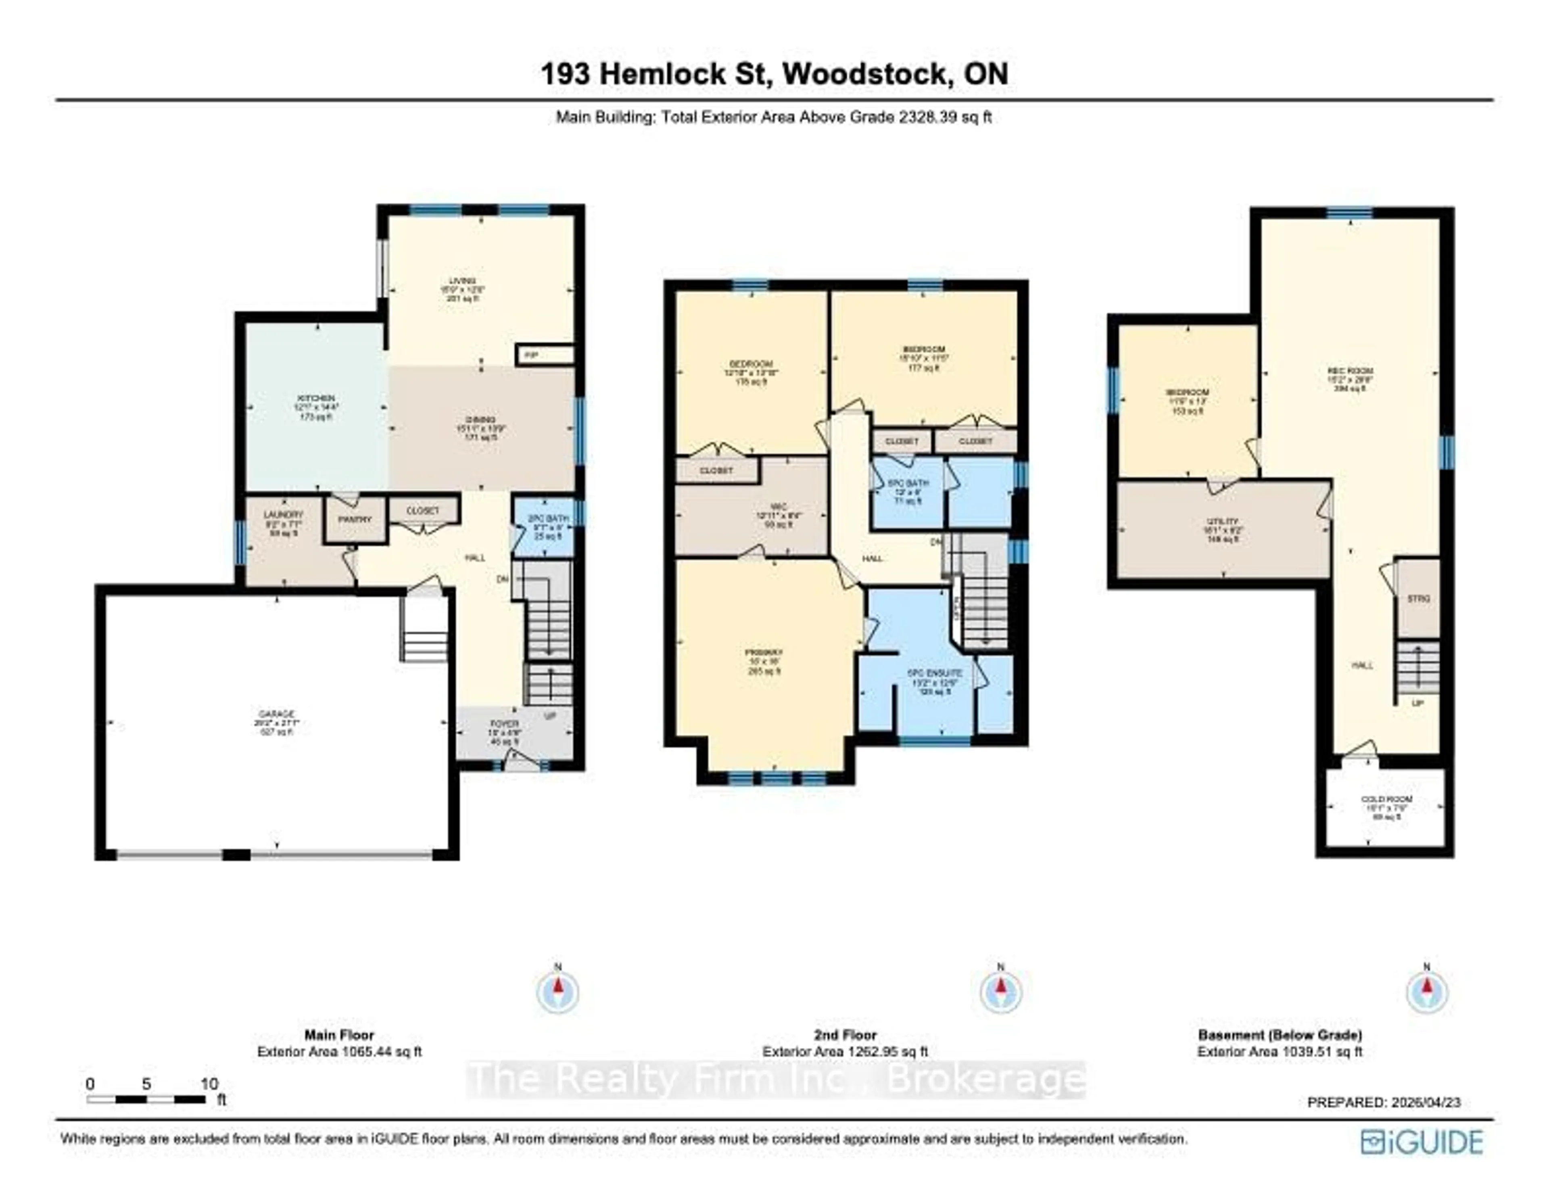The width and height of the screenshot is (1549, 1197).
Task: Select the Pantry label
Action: (355, 519)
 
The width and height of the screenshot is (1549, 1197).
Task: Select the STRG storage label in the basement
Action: (1418, 599)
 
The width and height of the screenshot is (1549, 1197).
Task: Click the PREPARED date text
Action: (1384, 1102)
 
